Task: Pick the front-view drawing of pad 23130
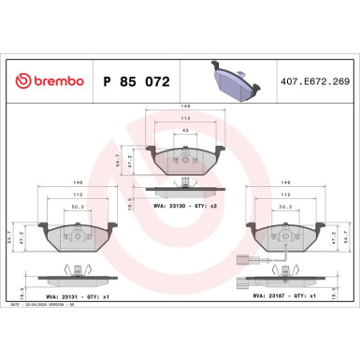click(x=184, y=162)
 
